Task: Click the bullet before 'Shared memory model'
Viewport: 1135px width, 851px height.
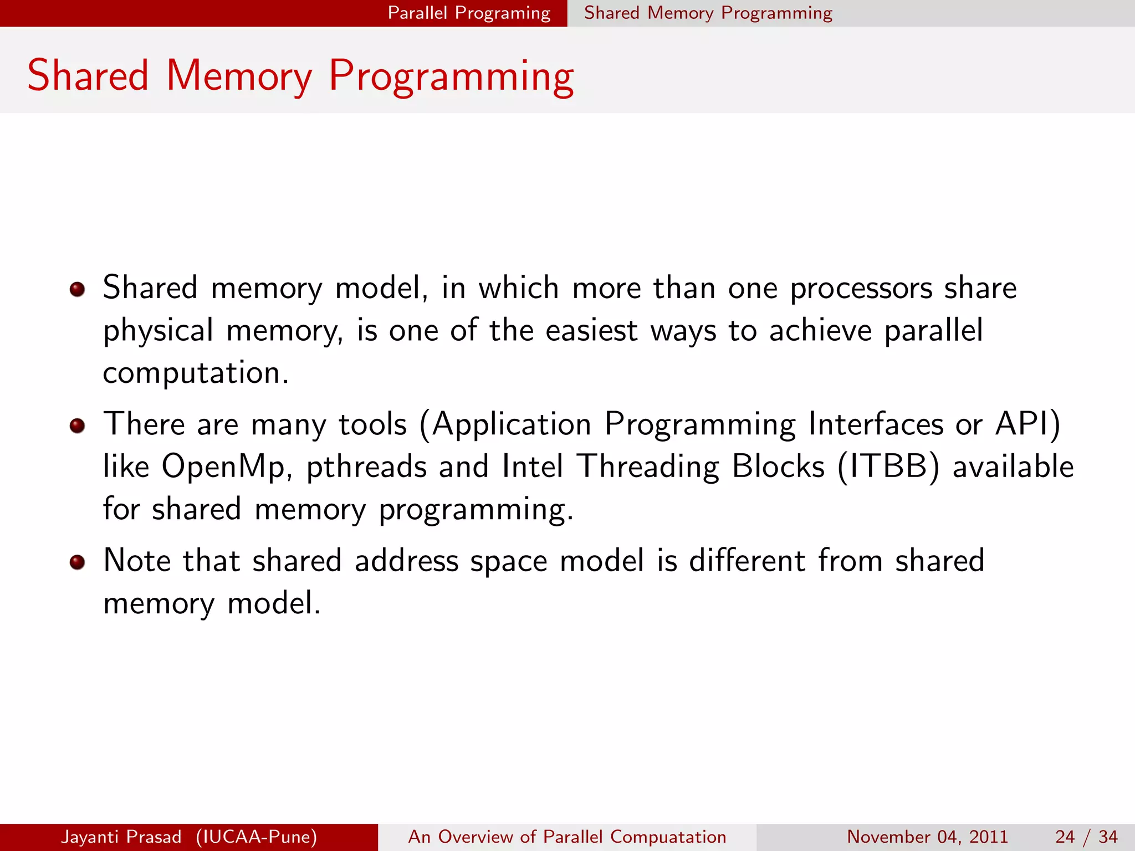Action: tap(77, 289)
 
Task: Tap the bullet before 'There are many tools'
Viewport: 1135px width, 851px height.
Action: tap(77, 425)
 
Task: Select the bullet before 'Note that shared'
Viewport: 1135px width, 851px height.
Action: tap(77, 562)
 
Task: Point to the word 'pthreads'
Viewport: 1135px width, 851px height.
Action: tap(366, 466)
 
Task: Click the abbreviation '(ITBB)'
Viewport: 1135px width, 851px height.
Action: tap(888, 466)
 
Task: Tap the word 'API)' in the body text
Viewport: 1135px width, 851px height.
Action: tap(1028, 424)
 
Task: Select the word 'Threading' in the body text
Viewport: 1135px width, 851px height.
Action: tap(648, 466)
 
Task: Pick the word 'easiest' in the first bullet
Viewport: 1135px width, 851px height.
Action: tap(591, 331)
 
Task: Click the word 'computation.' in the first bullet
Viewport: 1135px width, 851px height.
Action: tap(196, 373)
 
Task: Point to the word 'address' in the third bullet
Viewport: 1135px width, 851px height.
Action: tap(406, 561)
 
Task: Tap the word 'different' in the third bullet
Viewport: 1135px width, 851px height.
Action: tap(747, 561)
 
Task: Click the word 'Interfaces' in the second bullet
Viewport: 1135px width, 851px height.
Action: tap(876, 424)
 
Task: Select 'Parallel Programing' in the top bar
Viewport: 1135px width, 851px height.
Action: tap(469, 13)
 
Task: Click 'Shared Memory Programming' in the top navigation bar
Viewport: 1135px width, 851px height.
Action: tap(708, 13)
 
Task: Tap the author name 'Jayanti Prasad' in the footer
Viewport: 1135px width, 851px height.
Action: tap(121, 837)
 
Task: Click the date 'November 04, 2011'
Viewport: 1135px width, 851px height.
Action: tap(927, 837)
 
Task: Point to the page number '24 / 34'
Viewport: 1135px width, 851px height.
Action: tap(1086, 837)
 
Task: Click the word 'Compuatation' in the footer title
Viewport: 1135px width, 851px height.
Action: tap(668, 837)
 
